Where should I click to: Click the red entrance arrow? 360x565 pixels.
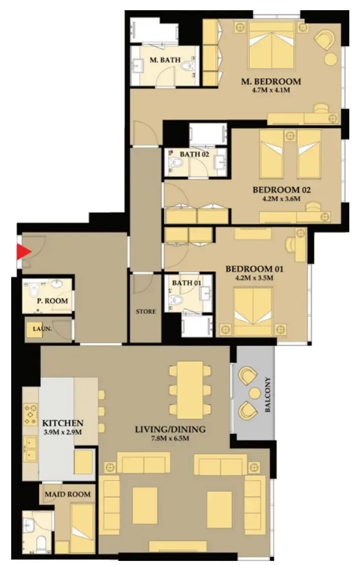pyautogui.click(x=23, y=251)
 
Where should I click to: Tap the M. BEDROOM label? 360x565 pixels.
pyautogui.click(x=271, y=82)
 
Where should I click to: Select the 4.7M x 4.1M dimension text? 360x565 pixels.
pyautogui.click(x=271, y=90)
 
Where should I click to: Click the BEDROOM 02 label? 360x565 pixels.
pyautogui.click(x=282, y=190)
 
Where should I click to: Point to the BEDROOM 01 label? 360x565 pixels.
pyautogui.click(x=255, y=269)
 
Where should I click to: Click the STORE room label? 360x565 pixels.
pyautogui.click(x=146, y=312)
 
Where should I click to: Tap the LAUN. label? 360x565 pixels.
pyautogui.click(x=42, y=329)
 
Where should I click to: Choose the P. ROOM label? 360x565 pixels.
pyautogui.click(x=52, y=300)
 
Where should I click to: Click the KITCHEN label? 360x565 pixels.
pyautogui.click(x=63, y=423)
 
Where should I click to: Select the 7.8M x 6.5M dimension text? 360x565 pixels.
pyautogui.click(x=170, y=439)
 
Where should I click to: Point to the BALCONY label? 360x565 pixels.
pyautogui.click(x=268, y=394)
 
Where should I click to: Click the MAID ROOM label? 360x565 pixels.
pyautogui.click(x=67, y=494)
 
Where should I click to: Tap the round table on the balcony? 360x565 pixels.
pyautogui.click(x=255, y=393)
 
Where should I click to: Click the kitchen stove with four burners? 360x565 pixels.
pyautogui.click(x=31, y=415)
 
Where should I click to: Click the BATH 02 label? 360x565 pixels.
pyautogui.click(x=195, y=154)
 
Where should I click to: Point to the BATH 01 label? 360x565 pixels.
pyautogui.click(x=186, y=283)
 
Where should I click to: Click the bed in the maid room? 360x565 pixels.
pyautogui.click(x=83, y=528)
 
